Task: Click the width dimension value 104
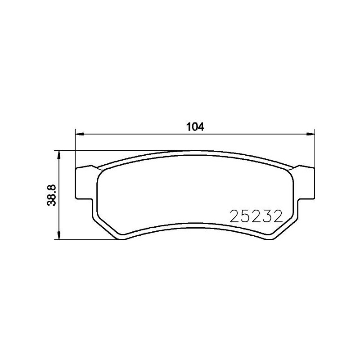tap(195, 127)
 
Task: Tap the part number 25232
tap(255, 217)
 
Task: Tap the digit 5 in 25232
tap(246, 217)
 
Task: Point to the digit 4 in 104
tap(201, 127)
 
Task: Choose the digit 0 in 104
tap(195, 127)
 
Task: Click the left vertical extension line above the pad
tap(75, 148)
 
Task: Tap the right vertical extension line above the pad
tap(314, 148)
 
